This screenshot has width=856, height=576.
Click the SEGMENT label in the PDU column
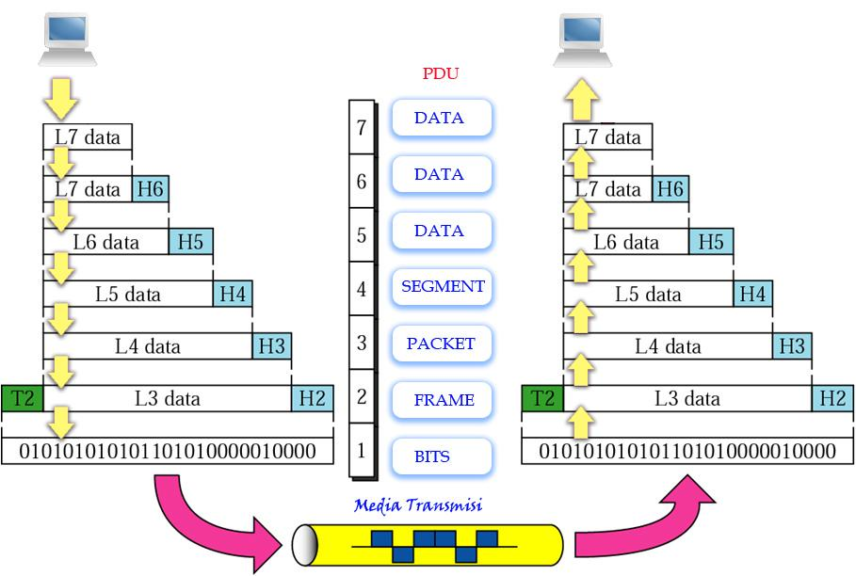coord(442,287)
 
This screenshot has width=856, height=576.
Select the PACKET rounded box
coord(442,344)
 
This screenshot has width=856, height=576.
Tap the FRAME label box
coord(442,400)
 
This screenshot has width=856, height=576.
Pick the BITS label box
coord(442,456)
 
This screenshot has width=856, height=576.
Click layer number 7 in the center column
coord(361,126)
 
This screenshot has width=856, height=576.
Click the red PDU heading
coord(441,73)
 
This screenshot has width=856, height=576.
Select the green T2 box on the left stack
coord(21,398)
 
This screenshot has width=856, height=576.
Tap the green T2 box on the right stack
coord(542,398)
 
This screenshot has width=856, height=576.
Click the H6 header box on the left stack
coord(150,189)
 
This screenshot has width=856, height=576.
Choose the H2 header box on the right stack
coord(832,398)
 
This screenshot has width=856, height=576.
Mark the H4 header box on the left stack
coord(233,294)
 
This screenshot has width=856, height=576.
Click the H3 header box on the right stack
coord(792,346)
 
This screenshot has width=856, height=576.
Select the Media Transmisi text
coord(418,505)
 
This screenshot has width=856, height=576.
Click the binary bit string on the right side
coord(687,452)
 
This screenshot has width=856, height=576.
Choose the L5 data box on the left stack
coord(128,294)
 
